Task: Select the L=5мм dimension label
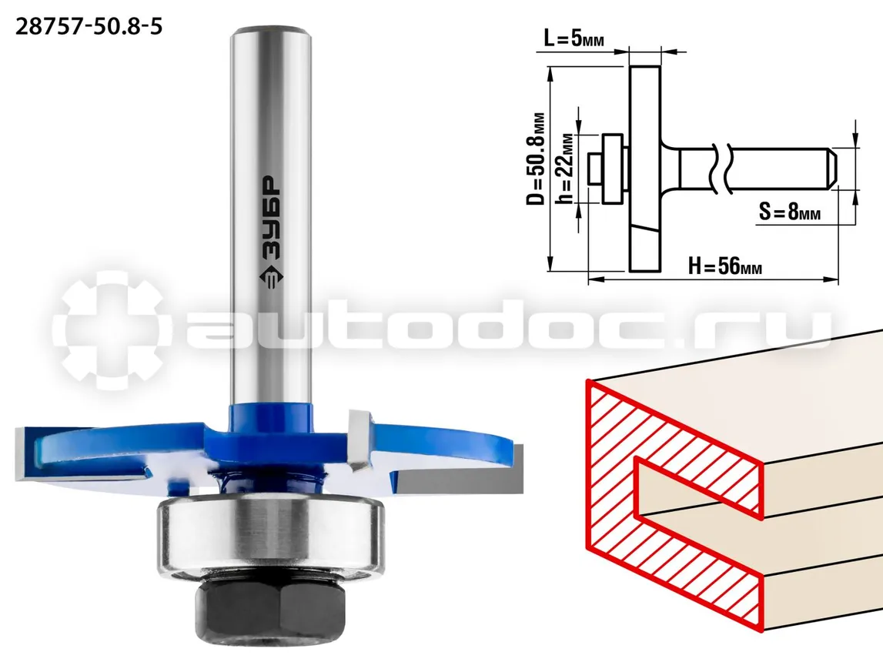(x=574, y=38)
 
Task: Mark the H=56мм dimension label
(x=725, y=265)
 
